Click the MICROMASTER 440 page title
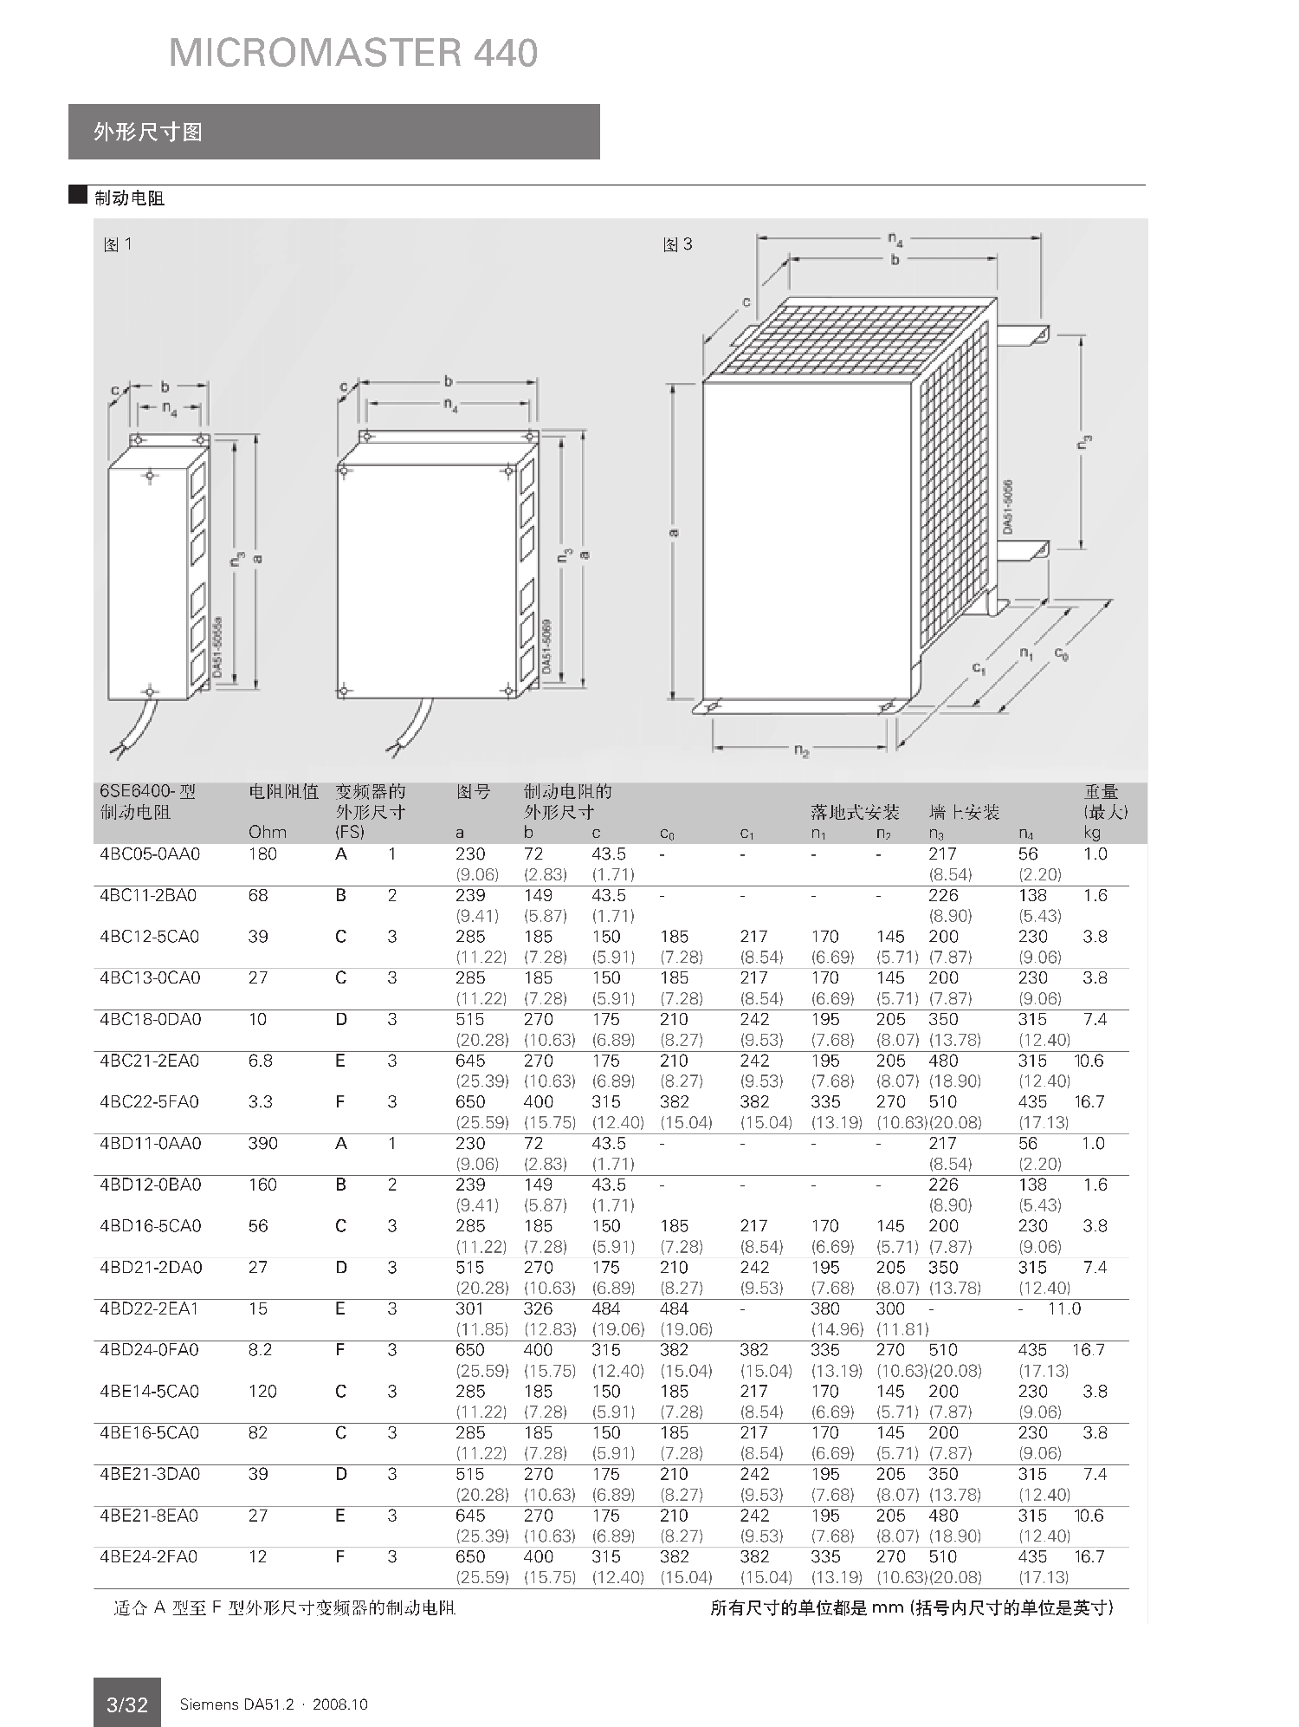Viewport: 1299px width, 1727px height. (x=353, y=53)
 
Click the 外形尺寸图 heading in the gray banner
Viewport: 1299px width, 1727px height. (x=148, y=132)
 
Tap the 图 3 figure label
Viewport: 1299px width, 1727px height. (x=677, y=244)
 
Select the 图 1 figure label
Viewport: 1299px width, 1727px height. (x=117, y=244)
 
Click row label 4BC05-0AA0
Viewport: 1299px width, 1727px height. (x=150, y=854)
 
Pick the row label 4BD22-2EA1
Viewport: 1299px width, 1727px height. (x=149, y=1308)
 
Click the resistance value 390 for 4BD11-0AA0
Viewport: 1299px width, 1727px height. (x=262, y=1144)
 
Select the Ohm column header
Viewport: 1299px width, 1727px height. (x=267, y=832)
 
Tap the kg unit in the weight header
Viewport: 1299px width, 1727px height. (x=1091, y=833)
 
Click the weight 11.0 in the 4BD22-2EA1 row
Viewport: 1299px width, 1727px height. (x=1063, y=1308)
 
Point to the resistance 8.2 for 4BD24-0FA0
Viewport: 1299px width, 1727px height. (x=260, y=1350)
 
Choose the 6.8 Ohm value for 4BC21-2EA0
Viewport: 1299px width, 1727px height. (x=260, y=1061)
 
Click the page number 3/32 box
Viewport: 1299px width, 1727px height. (x=126, y=1704)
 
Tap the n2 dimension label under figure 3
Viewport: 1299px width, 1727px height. (x=802, y=751)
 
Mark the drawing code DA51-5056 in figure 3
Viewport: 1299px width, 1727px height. (x=1008, y=507)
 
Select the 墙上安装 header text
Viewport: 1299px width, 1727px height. (x=964, y=812)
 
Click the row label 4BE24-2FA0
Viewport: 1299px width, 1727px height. (x=149, y=1557)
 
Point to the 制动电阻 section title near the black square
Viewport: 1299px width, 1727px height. (x=129, y=198)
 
